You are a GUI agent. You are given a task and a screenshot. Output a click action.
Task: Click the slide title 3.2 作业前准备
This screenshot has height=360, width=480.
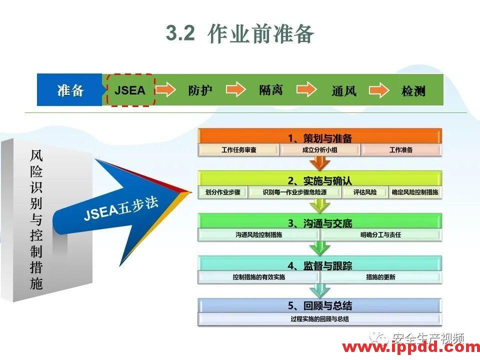click(x=240, y=33)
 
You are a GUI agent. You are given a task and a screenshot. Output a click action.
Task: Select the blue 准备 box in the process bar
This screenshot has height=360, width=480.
click(x=70, y=90)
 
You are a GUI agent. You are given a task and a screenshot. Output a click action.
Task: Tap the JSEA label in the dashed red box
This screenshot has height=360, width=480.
click(x=130, y=90)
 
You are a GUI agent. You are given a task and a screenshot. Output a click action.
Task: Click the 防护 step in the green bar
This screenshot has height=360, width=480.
click(x=200, y=90)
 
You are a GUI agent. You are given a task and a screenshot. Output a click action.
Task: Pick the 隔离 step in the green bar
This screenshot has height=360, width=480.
click(x=271, y=90)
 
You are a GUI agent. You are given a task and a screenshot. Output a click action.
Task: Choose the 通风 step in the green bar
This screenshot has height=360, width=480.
click(x=344, y=91)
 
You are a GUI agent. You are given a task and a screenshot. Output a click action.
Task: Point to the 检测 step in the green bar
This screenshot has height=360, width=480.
click(x=413, y=91)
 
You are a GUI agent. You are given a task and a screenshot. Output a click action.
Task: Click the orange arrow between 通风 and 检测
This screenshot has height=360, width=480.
click(x=378, y=90)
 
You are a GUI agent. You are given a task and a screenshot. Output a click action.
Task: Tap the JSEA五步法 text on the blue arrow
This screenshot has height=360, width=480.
click(x=121, y=208)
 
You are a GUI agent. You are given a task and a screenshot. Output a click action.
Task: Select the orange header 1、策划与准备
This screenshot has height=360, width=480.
click(x=320, y=137)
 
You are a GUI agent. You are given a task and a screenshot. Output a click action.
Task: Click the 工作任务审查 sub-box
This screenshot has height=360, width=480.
click(x=238, y=150)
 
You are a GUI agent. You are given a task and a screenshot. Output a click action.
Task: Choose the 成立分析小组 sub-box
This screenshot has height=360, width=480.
click(x=320, y=150)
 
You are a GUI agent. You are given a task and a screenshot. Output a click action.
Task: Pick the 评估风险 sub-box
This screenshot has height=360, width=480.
click(x=365, y=192)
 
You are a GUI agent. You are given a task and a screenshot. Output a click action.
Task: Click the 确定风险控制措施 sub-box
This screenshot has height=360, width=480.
click(x=415, y=192)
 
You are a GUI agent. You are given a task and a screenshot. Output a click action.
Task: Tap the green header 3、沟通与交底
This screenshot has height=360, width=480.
click(x=320, y=223)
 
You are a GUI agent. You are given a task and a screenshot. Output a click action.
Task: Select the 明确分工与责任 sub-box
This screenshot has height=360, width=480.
click(x=380, y=234)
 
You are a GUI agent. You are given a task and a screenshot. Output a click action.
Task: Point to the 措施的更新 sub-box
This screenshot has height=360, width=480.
click(x=380, y=277)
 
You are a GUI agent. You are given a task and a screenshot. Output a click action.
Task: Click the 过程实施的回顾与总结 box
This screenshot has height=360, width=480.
click(x=320, y=319)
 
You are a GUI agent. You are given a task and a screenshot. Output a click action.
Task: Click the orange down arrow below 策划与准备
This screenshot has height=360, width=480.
click(x=320, y=163)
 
